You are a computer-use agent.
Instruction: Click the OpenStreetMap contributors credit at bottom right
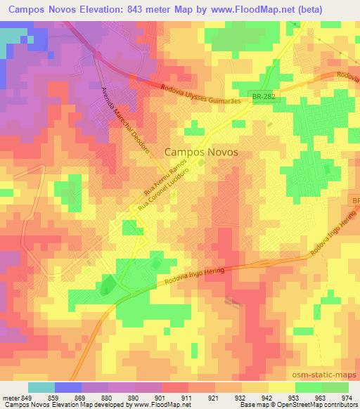point(322,405)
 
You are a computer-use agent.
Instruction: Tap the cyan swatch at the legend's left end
point(41,387)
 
